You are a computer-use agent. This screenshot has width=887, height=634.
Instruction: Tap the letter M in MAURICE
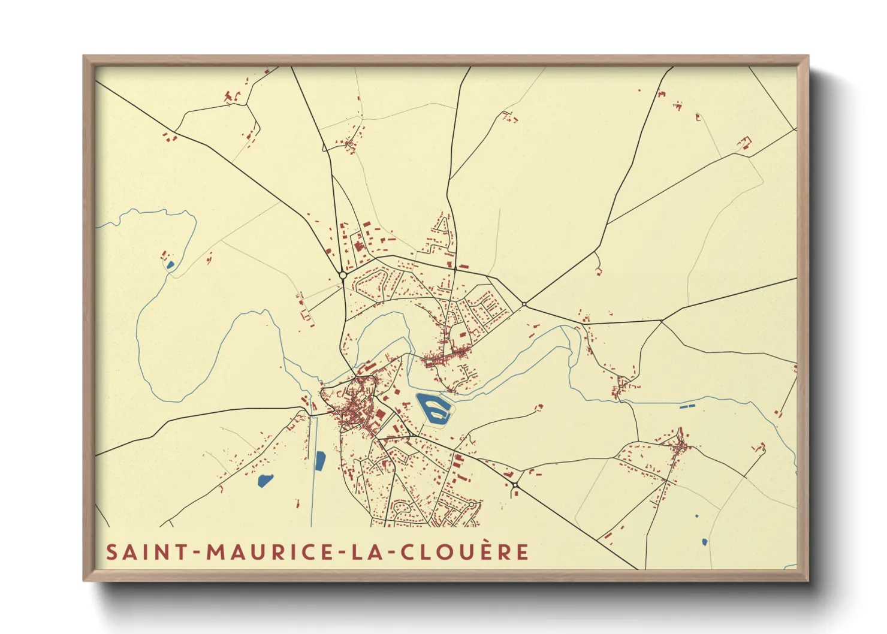tap(216, 552)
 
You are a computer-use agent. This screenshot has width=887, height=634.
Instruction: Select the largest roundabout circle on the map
tap(343, 275)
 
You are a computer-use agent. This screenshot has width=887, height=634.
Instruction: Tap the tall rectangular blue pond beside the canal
tap(319, 460)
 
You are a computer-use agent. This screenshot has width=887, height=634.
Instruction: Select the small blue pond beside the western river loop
tap(170, 265)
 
